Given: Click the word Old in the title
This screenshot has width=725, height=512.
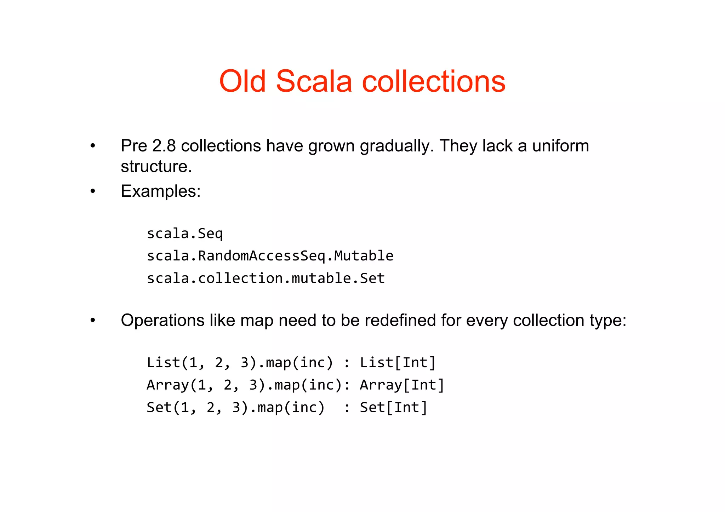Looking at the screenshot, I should (x=242, y=81).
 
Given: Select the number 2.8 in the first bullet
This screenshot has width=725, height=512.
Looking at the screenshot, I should (x=164, y=146).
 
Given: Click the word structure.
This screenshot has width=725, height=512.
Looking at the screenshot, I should (x=156, y=167).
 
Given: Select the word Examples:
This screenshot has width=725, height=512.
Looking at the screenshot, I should (x=161, y=191).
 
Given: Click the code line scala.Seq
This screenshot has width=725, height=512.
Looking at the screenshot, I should (x=185, y=234).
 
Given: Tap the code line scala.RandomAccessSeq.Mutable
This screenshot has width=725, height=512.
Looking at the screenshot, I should (x=270, y=256).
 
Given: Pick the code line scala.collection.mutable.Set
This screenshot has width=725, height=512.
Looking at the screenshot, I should (x=266, y=278).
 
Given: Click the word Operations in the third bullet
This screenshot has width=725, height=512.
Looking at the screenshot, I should (x=162, y=321).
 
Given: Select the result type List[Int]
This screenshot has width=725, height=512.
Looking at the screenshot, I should (x=398, y=363).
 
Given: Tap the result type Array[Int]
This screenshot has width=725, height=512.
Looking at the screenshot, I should (x=402, y=385).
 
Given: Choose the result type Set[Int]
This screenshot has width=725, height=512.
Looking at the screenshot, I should (x=393, y=408).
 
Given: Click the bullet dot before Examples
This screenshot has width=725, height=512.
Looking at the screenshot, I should (x=93, y=191).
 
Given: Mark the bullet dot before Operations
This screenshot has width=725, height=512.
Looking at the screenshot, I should (x=93, y=321).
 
